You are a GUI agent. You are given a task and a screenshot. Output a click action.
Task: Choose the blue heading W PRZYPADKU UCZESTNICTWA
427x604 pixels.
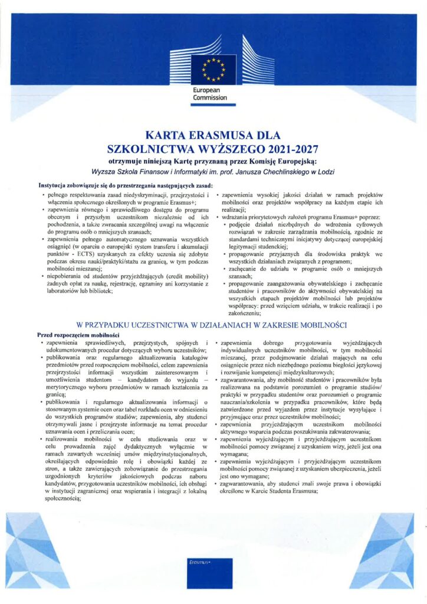[x=213, y=325]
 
